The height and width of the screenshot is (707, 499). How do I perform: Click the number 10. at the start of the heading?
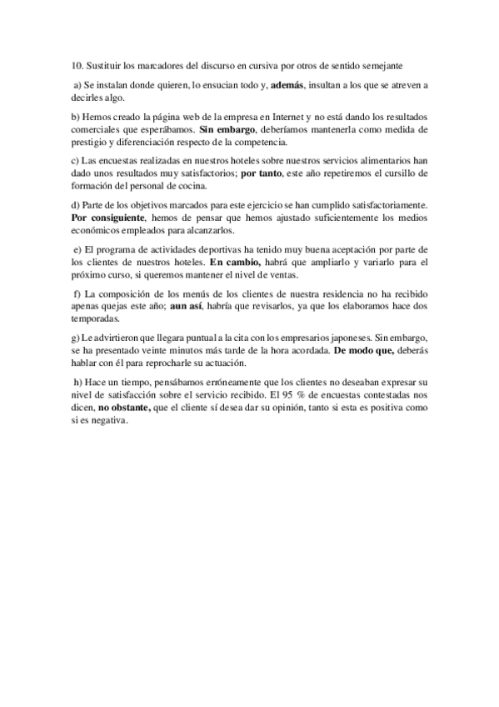(77, 64)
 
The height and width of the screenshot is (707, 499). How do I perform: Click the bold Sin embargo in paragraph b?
(222, 130)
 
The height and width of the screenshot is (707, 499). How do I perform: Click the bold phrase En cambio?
(235, 263)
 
